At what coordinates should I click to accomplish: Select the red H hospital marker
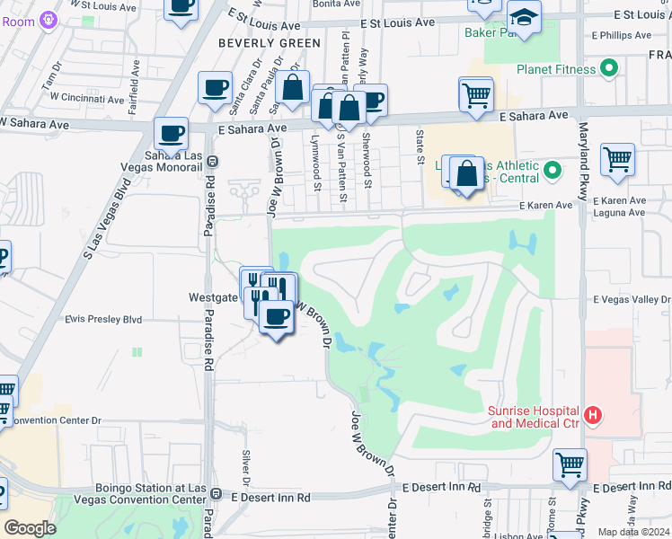[x=592, y=415]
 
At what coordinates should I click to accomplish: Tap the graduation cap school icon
[x=522, y=16]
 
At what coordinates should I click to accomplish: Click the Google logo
[x=30, y=527]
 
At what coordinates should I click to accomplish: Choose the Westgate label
[x=214, y=296]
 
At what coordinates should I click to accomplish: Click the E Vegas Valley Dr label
[x=632, y=299]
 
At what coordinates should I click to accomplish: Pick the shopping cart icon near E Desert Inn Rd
[x=570, y=464]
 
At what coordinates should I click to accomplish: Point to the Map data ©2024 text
[x=632, y=532]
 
